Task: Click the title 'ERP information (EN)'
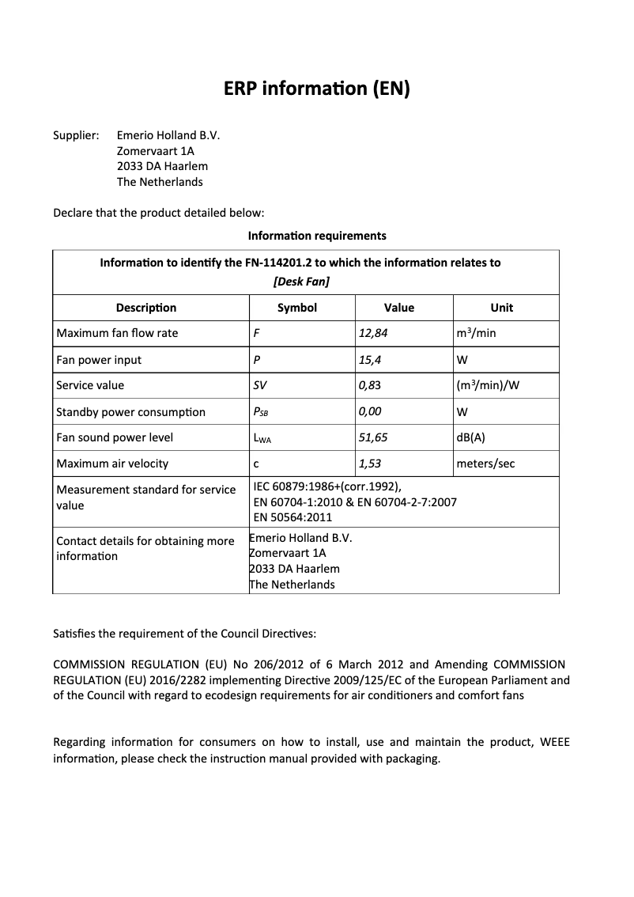pos(317,89)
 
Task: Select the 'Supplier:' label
pos(75,135)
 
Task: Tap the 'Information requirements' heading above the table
pos(317,236)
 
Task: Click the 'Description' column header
pos(146,308)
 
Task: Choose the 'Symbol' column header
pos(297,308)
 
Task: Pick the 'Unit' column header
pos(501,308)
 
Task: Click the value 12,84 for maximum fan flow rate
pos(373,333)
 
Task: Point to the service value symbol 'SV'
pos(259,385)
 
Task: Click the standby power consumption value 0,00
pos(371,412)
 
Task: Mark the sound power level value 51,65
pos(373,437)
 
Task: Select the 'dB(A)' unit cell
pos(471,437)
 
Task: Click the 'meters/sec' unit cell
pos(485,464)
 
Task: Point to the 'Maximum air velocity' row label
pos(112,464)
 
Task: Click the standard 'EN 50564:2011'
pos(292,517)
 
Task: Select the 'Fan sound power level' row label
pos(115,437)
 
